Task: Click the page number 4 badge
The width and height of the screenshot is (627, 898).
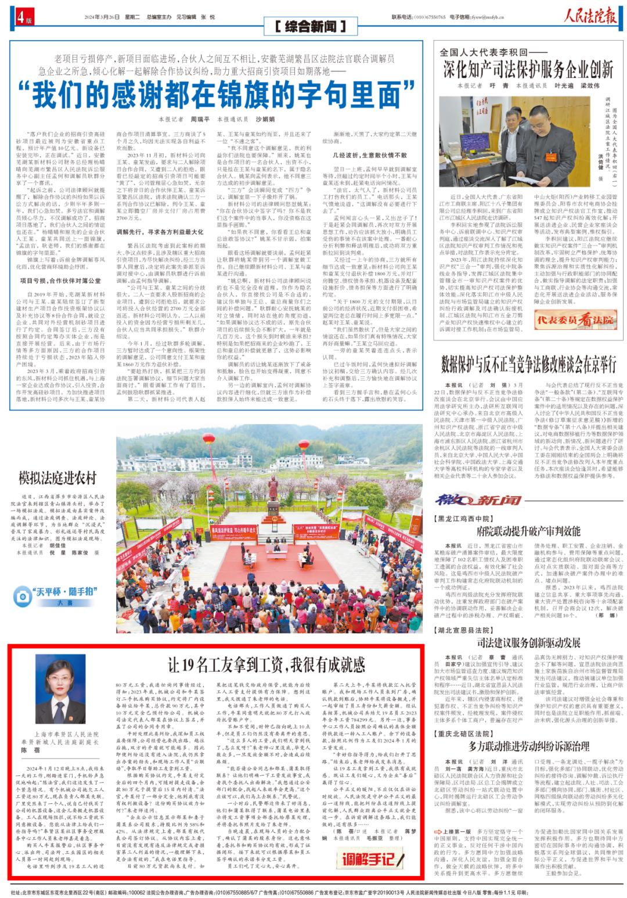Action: pos(21,17)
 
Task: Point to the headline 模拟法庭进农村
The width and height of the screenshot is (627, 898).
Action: pos(57,477)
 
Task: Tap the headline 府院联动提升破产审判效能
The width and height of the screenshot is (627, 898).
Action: pos(528,530)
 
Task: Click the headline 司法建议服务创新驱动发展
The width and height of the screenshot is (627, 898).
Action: pos(528,642)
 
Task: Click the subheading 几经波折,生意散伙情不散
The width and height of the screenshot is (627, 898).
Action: pos(370,155)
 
